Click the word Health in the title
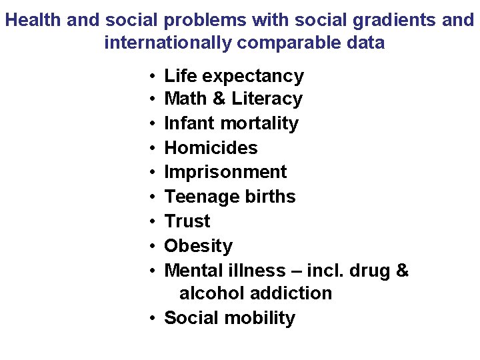coord(33,20)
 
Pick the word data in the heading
coord(366,43)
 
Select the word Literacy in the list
coord(267,99)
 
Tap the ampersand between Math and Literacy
coord(219,99)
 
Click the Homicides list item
coord(211,147)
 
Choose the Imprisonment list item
coord(225,171)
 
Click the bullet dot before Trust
coord(153,221)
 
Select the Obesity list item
coord(198,246)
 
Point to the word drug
coord(369,271)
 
